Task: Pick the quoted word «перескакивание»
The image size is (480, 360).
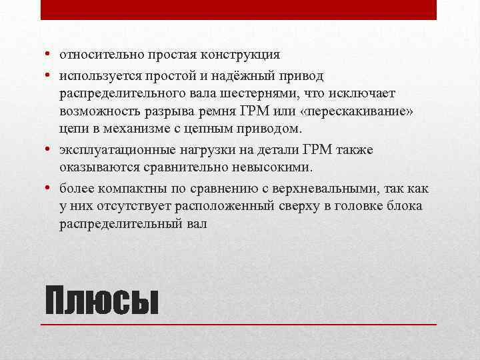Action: (356, 110)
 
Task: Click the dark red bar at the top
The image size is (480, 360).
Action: (239, 9)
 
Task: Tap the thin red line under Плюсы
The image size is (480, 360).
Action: (239, 325)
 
